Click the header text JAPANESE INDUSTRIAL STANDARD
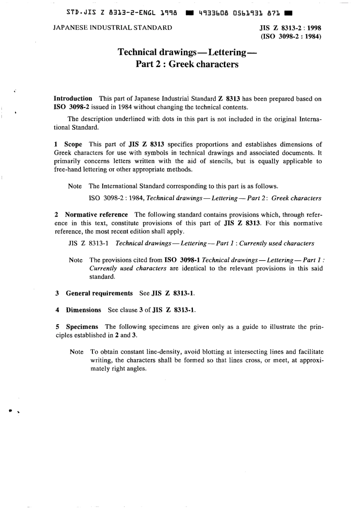pos(113,28)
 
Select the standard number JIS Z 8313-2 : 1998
pos(290,28)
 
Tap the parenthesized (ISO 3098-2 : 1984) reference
pos(290,37)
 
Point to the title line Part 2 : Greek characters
pos(187,64)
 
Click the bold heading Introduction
pos(73,98)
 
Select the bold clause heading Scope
pos(73,144)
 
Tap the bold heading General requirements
pos(99,293)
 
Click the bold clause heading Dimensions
pos(83,310)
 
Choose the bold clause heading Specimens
pos(82,327)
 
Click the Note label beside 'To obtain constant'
pos(77,352)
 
